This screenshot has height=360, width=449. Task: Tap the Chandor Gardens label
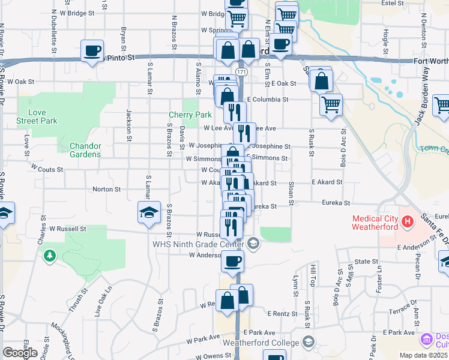tap(85, 150)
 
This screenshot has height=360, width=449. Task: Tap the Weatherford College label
tap(261, 343)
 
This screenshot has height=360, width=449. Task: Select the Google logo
tap(20, 353)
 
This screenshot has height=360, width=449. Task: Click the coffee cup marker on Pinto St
tap(92, 50)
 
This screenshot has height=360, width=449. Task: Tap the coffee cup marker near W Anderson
tap(232, 261)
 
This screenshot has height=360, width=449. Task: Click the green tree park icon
tap(49, 256)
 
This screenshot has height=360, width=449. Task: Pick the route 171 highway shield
tap(241, 72)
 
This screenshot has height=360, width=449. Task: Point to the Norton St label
tap(107, 190)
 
